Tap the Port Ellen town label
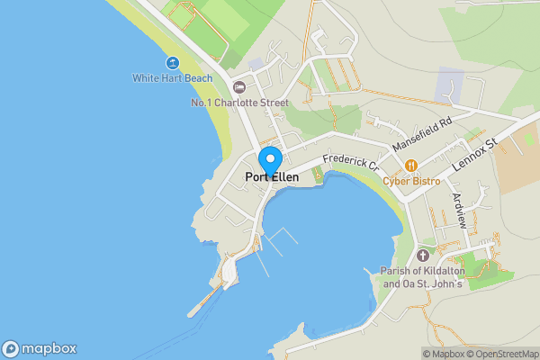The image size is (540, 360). (272, 177)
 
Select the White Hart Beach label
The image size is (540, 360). (173, 78)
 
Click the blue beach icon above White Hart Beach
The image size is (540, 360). (172, 62)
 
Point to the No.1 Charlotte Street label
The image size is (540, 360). (239, 103)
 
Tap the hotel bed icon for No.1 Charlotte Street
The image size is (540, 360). (238, 87)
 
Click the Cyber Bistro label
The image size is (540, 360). (411, 181)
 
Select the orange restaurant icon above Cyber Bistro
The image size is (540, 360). (411, 166)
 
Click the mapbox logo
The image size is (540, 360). (39, 349)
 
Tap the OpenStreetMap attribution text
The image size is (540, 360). (503, 354)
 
